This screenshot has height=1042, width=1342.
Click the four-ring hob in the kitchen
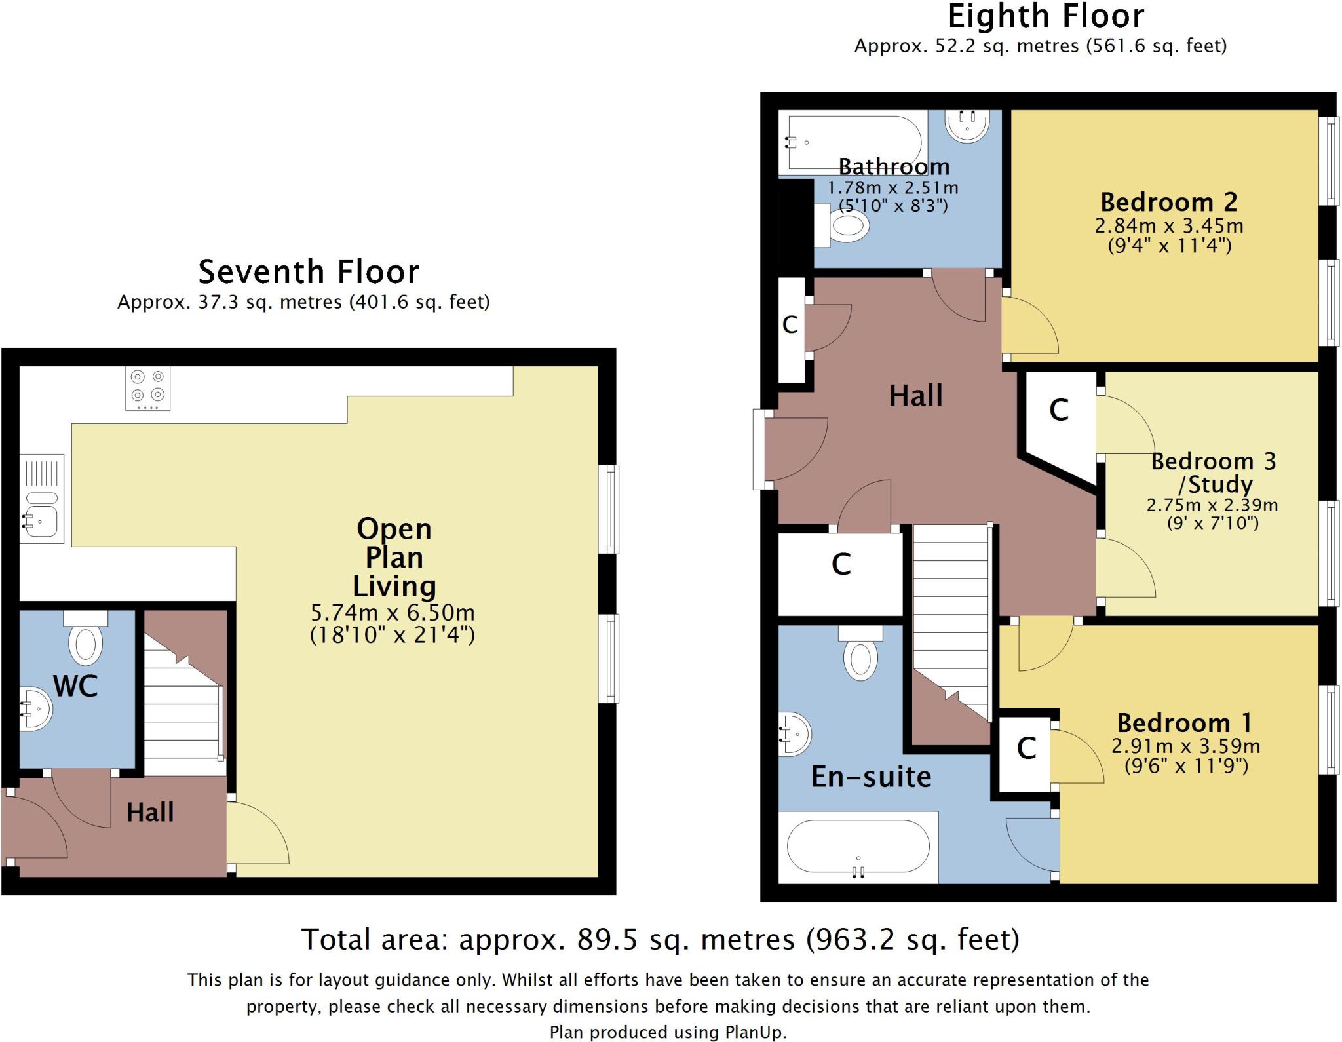pos(147,388)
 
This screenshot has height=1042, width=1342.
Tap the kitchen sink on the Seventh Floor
pos(41,499)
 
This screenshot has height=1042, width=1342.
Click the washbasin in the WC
pos(35,708)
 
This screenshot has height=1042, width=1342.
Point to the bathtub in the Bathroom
pos(853,143)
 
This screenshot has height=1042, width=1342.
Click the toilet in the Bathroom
pos(841,225)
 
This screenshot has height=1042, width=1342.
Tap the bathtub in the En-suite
pos(858,847)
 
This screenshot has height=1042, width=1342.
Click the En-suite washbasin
pos(794,733)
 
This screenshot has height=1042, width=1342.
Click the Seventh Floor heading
pos(309,271)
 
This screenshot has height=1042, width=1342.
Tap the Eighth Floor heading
pos(1046,16)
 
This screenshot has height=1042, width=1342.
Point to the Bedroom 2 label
pos(1169,202)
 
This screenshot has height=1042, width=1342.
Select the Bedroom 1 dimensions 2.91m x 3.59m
pos(1186,746)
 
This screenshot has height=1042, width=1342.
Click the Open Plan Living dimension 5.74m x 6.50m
pos(393,613)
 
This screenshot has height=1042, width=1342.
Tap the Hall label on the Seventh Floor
pos(150,813)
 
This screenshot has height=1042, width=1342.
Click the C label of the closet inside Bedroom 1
pos(1026,748)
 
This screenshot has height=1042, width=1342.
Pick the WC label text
pos(75,686)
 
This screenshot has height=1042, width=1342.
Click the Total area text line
pos(661,939)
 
